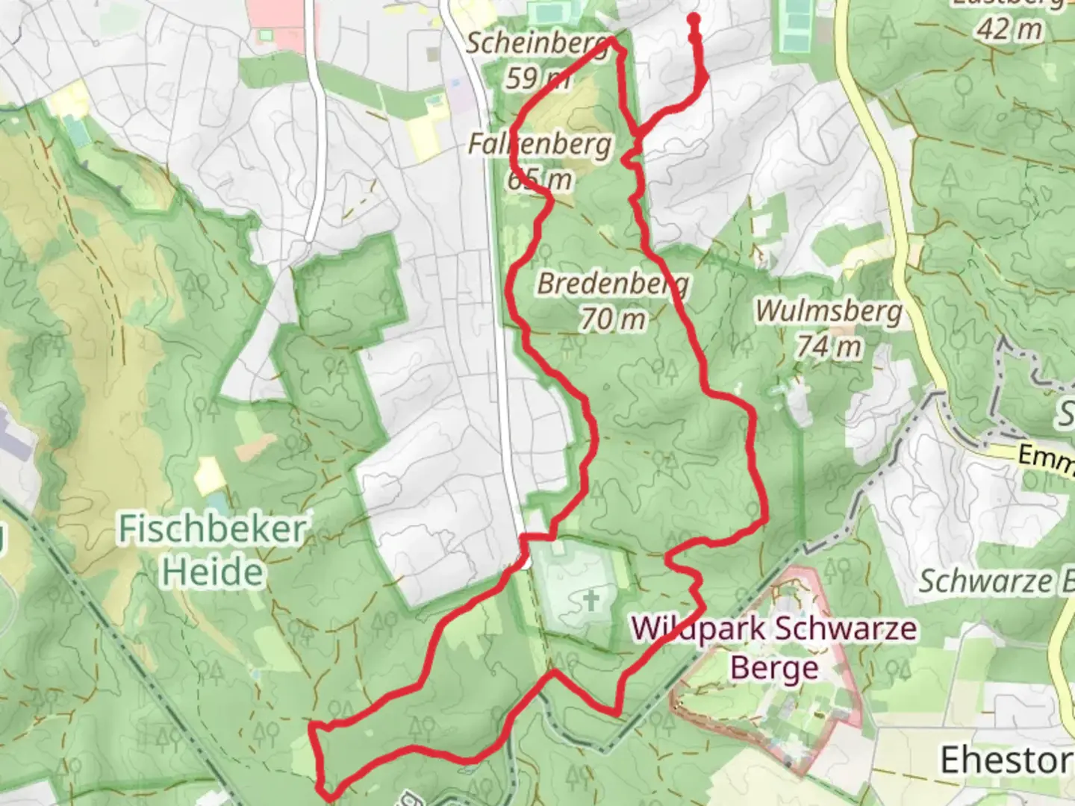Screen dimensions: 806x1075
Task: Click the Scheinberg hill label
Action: click(x=535, y=43)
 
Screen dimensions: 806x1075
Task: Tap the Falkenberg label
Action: click(x=540, y=143)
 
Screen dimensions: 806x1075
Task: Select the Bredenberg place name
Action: click(x=612, y=284)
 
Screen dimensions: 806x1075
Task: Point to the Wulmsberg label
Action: click(x=829, y=310)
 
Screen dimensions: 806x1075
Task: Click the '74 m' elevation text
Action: click(x=827, y=346)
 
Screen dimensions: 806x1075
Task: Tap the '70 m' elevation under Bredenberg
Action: click(x=613, y=319)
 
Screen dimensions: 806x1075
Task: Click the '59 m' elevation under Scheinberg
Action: click(x=537, y=77)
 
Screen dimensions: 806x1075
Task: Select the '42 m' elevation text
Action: click(x=1008, y=30)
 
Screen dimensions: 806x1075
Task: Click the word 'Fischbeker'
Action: click(x=213, y=529)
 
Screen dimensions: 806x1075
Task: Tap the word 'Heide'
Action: click(x=213, y=572)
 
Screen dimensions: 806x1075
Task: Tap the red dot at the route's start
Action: click(x=694, y=18)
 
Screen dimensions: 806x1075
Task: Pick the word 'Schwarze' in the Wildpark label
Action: click(x=844, y=628)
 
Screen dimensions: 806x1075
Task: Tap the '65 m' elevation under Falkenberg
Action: click(x=540, y=179)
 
